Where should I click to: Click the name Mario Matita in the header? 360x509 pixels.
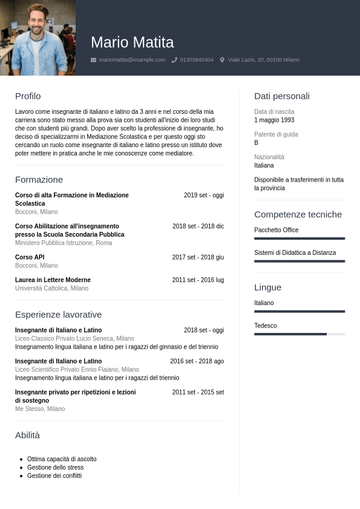(132, 42)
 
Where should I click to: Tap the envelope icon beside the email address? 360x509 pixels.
(93, 60)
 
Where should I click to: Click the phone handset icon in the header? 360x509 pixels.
(174, 60)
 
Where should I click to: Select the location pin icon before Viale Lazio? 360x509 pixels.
(222, 60)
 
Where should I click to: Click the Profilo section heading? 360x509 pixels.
(28, 96)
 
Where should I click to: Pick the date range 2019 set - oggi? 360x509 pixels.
(204, 195)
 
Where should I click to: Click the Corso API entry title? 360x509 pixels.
(30, 257)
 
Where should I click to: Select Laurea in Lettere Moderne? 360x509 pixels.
(53, 280)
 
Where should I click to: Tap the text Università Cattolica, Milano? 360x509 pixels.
(51, 288)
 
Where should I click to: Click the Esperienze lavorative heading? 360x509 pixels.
(58, 314)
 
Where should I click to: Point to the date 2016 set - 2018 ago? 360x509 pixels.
(197, 361)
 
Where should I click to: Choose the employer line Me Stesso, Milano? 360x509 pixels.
(40, 409)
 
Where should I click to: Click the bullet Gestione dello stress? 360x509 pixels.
(55, 467)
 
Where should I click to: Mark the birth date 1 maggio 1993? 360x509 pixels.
(274, 120)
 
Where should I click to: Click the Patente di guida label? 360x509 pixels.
(276, 134)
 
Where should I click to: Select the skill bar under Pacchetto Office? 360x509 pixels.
(299, 238)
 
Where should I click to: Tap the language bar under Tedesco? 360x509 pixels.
(290, 333)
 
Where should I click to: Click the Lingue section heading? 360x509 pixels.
(267, 287)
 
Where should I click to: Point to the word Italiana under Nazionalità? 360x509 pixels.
(264, 165)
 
